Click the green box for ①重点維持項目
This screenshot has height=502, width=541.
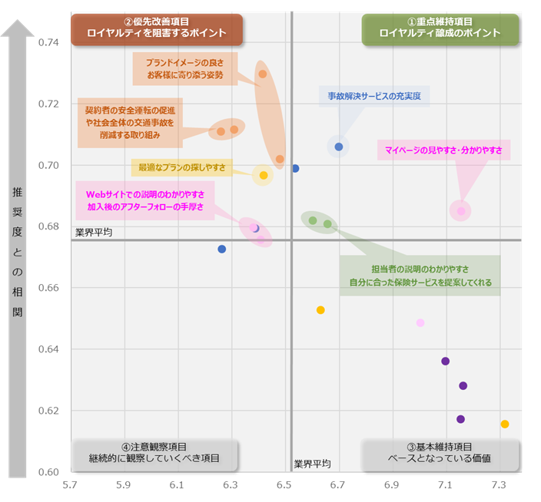[x=440, y=28]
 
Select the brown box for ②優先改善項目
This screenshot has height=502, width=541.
[x=157, y=28]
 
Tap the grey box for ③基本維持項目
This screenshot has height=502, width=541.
[x=440, y=452]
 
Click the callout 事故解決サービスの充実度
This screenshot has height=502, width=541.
[x=373, y=96]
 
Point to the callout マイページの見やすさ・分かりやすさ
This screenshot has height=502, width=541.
[x=443, y=150]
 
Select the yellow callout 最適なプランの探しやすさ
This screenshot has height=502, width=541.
[x=182, y=167]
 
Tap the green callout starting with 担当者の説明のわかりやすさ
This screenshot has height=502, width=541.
[x=420, y=275]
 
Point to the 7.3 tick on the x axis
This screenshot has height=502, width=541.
[x=499, y=485]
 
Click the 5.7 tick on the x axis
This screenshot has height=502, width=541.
[x=70, y=485]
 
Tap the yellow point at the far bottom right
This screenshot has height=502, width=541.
[x=505, y=424]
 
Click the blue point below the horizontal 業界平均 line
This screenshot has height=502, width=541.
[x=222, y=249]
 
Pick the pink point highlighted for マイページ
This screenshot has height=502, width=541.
[x=461, y=211]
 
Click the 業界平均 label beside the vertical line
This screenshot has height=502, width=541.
[x=313, y=464]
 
